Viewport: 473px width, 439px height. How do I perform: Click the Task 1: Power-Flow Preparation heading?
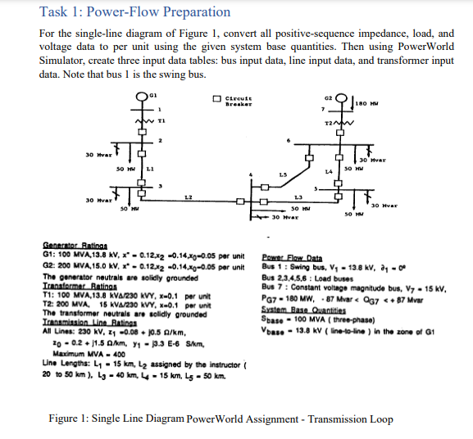coord(135,11)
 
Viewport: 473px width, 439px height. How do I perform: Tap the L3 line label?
coord(298,197)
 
